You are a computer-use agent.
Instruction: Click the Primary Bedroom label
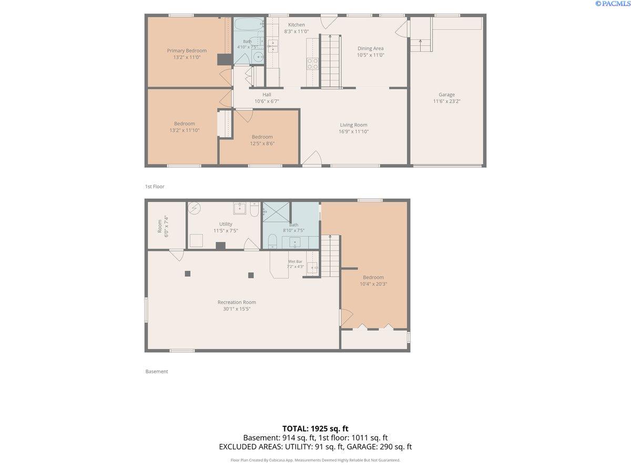(187, 50)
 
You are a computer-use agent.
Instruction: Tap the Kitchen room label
(297, 25)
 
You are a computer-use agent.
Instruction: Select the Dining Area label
(371, 48)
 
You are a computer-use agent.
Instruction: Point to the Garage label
(447, 95)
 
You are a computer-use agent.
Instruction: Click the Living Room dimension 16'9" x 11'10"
(353, 131)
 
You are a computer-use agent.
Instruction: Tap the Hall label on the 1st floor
(267, 95)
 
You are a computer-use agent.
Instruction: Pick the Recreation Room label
(237, 302)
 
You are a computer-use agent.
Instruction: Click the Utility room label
(226, 224)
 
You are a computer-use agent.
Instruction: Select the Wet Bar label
(295, 261)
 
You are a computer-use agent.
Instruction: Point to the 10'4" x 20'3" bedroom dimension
(373, 284)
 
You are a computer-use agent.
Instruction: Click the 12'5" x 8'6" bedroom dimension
(262, 143)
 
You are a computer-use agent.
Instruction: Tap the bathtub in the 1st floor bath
(248, 24)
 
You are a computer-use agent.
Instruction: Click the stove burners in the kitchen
(312, 64)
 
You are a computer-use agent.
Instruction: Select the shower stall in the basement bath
(276, 212)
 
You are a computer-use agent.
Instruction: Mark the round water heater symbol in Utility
(195, 208)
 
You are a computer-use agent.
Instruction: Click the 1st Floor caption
(155, 187)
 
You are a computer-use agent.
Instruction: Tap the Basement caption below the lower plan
(157, 372)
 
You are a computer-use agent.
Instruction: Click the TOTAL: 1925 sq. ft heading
(315, 428)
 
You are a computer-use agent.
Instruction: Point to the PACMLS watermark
(612, 4)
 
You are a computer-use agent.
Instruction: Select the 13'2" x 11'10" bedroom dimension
(185, 130)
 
